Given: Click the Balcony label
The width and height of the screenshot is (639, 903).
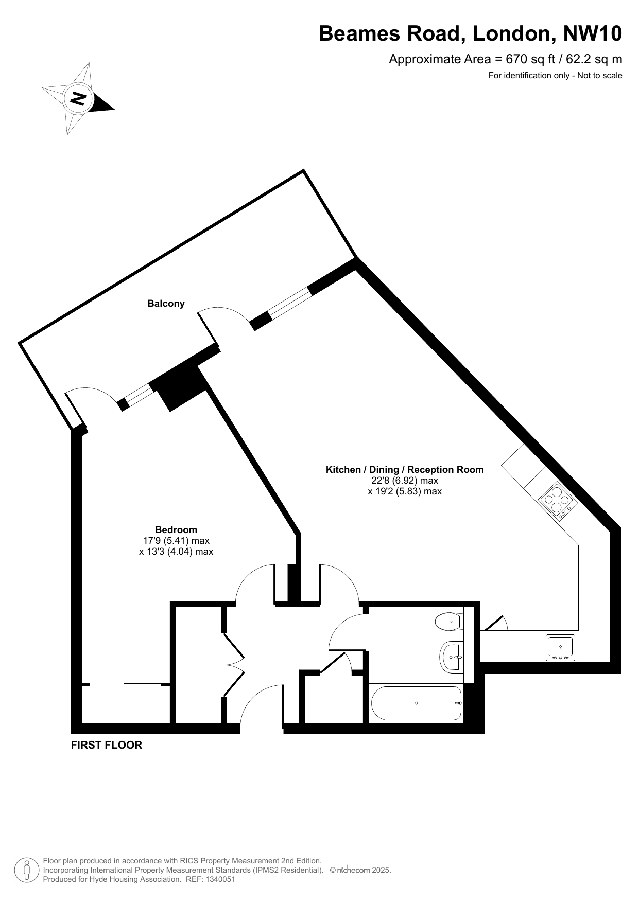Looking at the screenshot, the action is (166, 304).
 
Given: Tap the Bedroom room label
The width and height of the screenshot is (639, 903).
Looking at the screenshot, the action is (176, 529).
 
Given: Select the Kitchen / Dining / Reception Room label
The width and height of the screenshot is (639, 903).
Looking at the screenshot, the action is (405, 469).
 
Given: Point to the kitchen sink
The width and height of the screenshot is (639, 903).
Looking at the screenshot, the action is (560, 648).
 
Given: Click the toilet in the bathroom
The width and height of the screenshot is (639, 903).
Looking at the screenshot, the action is (449, 622).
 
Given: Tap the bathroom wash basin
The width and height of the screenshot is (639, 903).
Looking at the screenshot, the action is (452, 657).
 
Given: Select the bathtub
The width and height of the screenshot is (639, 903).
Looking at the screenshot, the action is (417, 703).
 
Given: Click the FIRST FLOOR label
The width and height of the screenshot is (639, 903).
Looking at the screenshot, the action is (106, 745).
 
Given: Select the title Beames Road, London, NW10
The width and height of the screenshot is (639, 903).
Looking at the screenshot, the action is (470, 33).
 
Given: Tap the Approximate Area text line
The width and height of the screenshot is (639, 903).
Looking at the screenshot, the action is (505, 59).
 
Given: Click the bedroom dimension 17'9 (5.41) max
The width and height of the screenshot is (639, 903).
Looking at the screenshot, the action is (176, 541).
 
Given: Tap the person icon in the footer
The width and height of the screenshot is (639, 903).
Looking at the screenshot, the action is (25, 870).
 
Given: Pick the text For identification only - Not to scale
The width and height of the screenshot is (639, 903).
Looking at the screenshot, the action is (555, 76).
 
